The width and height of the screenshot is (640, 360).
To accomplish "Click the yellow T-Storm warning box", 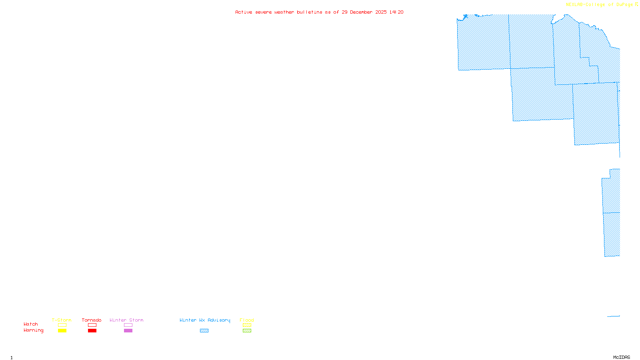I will tap(62, 331).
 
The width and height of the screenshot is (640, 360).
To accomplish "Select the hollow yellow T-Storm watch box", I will tap(62, 325).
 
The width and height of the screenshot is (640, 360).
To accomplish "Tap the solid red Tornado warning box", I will tap(92, 331).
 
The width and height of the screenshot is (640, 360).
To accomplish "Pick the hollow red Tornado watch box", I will tap(92, 325).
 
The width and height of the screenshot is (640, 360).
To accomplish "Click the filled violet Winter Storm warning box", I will tap(128, 331).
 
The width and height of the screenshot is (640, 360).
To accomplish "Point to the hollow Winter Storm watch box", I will tap(128, 325).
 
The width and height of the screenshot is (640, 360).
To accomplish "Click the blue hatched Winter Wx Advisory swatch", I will tap(204, 331).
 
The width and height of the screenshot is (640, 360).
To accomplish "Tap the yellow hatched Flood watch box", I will tap(247, 325).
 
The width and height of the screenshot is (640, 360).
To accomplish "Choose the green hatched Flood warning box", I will tap(247, 331).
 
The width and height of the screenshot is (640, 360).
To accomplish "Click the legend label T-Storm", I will tap(62, 320).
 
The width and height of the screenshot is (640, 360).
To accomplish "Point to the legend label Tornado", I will tap(92, 320).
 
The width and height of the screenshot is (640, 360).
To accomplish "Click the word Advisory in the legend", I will tap(219, 320).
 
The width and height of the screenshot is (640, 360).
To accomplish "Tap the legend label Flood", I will tap(247, 320).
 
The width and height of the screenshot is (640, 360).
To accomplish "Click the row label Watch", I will tap(31, 324).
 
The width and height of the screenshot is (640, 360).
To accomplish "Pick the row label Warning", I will tap(33, 330).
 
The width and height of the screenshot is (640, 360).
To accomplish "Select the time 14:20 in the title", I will tap(396, 12).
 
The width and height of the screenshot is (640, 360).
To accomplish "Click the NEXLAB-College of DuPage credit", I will tap(599, 4).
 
